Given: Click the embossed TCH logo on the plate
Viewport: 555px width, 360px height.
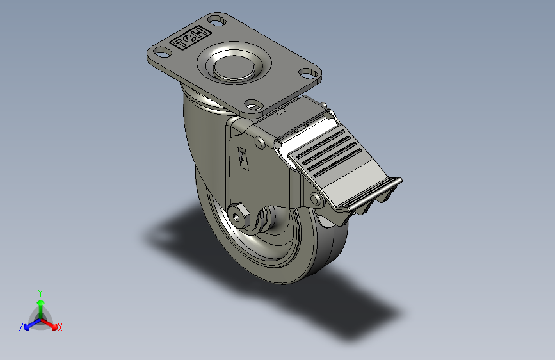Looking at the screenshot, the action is click(x=190, y=38).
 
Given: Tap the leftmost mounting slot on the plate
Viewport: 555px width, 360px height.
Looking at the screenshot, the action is click(x=163, y=52).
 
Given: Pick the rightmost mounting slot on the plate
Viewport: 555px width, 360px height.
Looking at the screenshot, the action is click(x=309, y=74).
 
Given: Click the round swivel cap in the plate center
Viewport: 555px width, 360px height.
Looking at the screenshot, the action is click(x=234, y=67).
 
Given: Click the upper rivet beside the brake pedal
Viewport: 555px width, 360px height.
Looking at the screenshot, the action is click(x=260, y=143).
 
